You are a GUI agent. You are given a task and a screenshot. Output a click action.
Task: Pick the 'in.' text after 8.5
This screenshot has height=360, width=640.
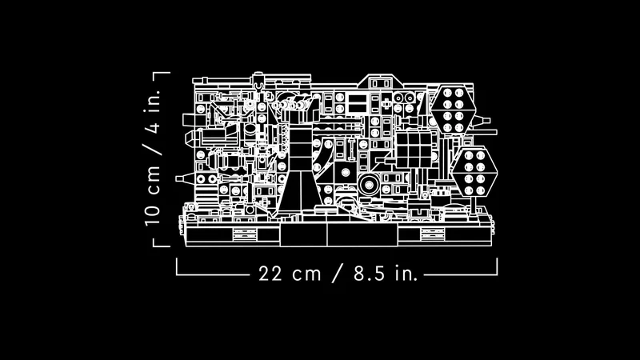click(406, 274)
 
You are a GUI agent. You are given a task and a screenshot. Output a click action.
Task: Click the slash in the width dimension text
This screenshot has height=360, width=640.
click(338, 274)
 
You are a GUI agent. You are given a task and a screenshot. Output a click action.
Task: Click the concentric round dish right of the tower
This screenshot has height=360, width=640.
click(370, 186)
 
